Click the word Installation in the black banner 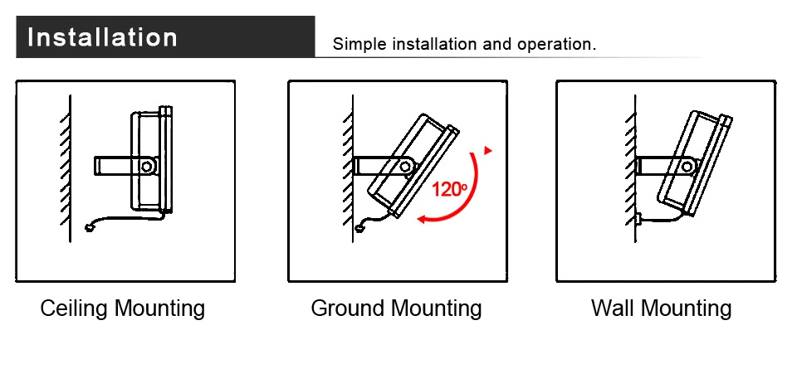coord(103,38)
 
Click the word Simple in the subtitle coord(355,44)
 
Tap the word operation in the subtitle coord(555,44)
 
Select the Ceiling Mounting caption coord(123,309)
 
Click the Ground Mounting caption coord(396,309)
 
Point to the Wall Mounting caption coord(661,309)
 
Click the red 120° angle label coord(450,189)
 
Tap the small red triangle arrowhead coord(488,151)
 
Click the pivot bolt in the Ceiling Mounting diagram coord(147,166)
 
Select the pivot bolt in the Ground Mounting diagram coord(406,166)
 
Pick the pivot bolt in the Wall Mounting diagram coord(687,166)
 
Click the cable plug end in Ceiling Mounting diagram coord(90,228)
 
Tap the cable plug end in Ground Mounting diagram coord(359,226)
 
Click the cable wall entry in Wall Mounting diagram coord(640,219)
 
